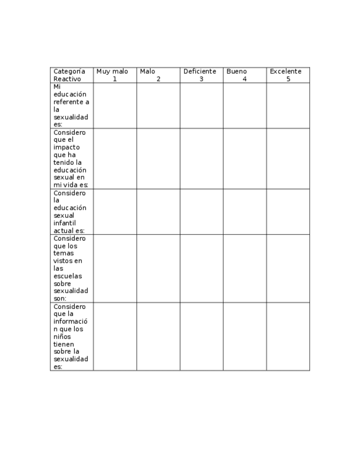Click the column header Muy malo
pyautogui.click(x=112, y=71)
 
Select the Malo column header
pyautogui.click(x=147, y=71)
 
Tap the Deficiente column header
pyautogui.click(x=200, y=71)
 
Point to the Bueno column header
pyautogui.click(x=236, y=71)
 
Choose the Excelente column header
pyautogui.click(x=285, y=71)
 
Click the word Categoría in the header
pyautogui.click(x=69, y=71)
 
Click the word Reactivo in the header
pyautogui.click(x=67, y=79)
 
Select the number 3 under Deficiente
pyautogui.click(x=201, y=79)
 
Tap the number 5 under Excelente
pyautogui.click(x=288, y=79)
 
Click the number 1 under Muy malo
pyautogui.click(x=115, y=79)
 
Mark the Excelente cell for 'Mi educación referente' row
pyautogui.click(x=288, y=106)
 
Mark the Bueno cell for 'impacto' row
pyautogui.click(x=245, y=158)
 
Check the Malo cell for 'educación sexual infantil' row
pyautogui.click(x=158, y=212)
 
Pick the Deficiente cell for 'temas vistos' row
pyautogui.click(x=201, y=268)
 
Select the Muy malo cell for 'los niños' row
pyautogui.click(x=115, y=336)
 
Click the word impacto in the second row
pyautogui.click(x=67, y=147)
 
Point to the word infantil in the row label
pyautogui.click(x=65, y=223)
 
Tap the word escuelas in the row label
pyautogui.click(x=68, y=276)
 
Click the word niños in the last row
pyautogui.click(x=63, y=336)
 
